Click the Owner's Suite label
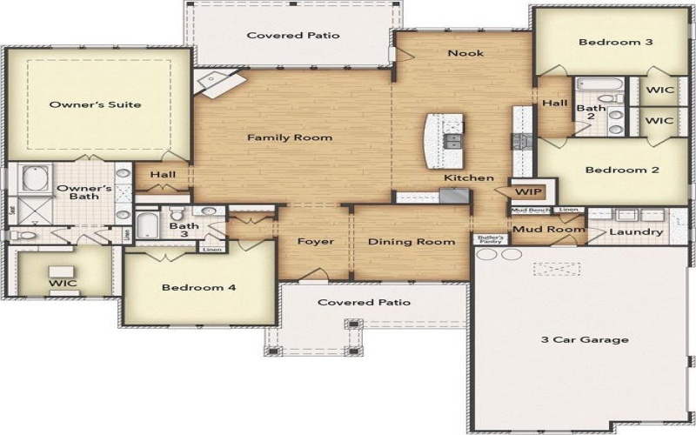pyautogui.click(x=95, y=105)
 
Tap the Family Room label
pyautogui.click(x=290, y=137)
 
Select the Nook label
pyautogui.click(x=465, y=54)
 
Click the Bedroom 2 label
pyautogui.click(x=621, y=171)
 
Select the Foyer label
pyautogui.click(x=315, y=242)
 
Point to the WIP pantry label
pyautogui.click(x=525, y=191)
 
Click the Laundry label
pyautogui.click(x=636, y=232)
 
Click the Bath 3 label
pyautogui.click(x=184, y=231)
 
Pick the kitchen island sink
pyautogui.click(x=454, y=139)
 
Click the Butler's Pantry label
pyautogui.click(x=490, y=238)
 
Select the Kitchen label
pyautogui.click(x=470, y=178)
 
